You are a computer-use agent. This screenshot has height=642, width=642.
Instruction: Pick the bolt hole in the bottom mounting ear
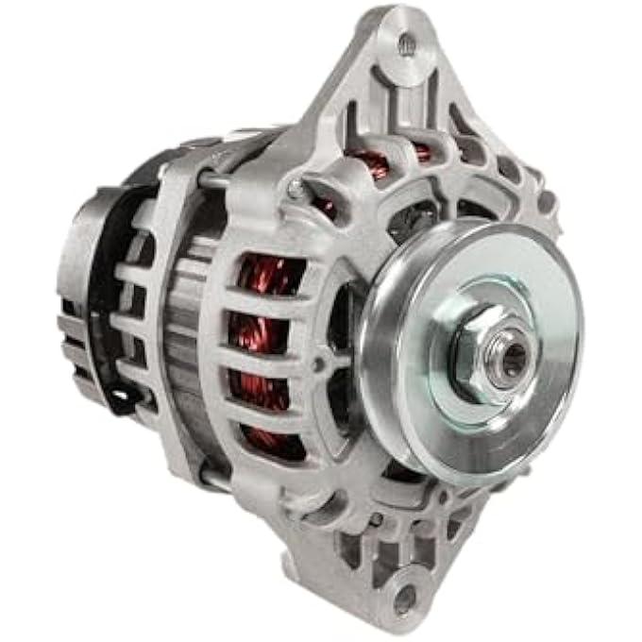(x=404, y=599)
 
